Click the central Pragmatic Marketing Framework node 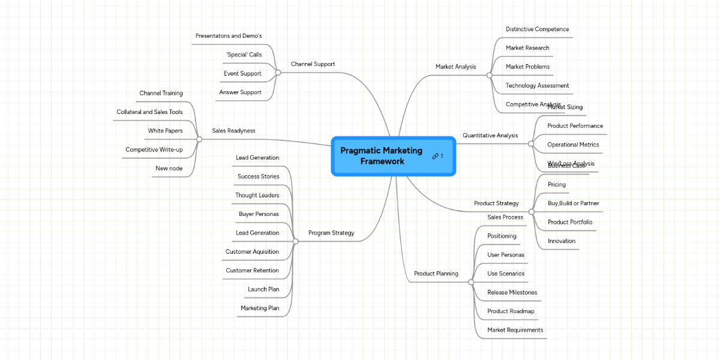[x=382, y=156]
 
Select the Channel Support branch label [x=313, y=64]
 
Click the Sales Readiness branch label [x=233, y=131]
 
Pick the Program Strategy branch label [x=331, y=233]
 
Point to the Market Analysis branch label [x=455, y=67]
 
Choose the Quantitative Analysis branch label [x=490, y=136]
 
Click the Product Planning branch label [x=436, y=274]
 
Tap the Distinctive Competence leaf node [x=537, y=29]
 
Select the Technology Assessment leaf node [x=537, y=86]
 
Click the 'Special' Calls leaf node [x=244, y=55]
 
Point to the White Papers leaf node [x=165, y=131]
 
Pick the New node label [x=169, y=169]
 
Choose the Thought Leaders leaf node [x=257, y=196]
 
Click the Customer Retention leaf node [x=252, y=271]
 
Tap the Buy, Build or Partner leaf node [x=573, y=203]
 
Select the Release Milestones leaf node [x=512, y=293]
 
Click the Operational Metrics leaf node [x=573, y=145]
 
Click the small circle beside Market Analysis [x=489, y=75]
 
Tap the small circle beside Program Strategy [x=295, y=241]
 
